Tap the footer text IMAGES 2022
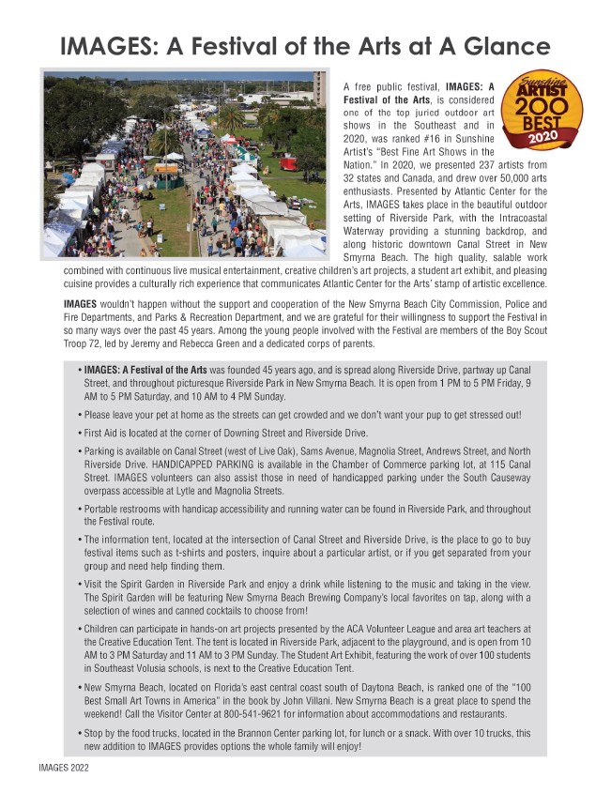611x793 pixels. tap(56, 767)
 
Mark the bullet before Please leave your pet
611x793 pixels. tap(78, 414)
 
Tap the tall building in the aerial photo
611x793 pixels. tap(319, 90)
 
